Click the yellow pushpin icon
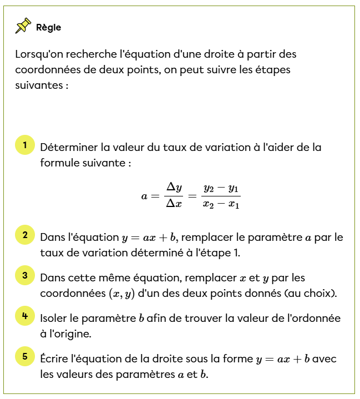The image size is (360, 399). (x=23, y=26)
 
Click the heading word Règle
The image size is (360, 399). (x=49, y=27)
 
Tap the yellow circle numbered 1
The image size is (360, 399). (x=25, y=146)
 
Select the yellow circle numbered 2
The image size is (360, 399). (x=25, y=235)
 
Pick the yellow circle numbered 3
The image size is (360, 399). (x=25, y=275)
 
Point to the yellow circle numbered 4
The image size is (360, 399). (x=25, y=316)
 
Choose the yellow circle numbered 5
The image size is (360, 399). (x=25, y=357)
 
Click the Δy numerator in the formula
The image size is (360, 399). (x=174, y=188)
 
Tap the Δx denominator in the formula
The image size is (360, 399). (x=174, y=204)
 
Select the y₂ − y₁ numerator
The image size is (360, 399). (x=221, y=188)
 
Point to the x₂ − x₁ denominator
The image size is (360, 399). (x=221, y=204)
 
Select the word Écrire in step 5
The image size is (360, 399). (x=54, y=358)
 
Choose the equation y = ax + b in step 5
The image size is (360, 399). (x=282, y=359)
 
